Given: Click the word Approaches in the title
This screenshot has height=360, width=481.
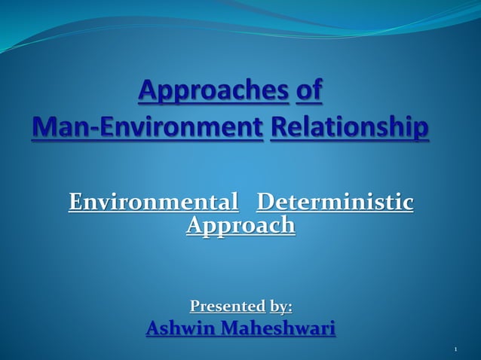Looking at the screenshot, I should [x=214, y=93].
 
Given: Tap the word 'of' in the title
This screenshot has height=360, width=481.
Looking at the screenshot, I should [x=309, y=92].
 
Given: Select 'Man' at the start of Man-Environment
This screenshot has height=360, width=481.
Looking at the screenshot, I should [x=54, y=126].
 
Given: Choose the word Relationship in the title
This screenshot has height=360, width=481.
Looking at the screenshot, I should [x=349, y=126].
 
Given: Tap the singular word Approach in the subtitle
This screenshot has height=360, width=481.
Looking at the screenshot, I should [x=240, y=225].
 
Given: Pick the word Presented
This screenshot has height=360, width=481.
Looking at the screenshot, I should [x=227, y=307].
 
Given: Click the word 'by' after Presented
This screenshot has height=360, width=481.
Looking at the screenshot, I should [x=278, y=307].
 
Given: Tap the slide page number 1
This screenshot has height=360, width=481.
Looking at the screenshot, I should [x=457, y=350].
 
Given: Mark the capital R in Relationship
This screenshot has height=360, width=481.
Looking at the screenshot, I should [x=277, y=126].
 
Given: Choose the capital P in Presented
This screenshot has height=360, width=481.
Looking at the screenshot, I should [x=195, y=307].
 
